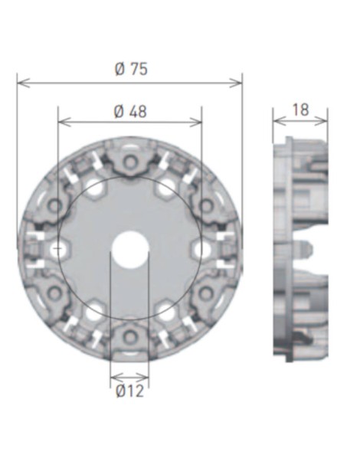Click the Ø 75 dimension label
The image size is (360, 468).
130,69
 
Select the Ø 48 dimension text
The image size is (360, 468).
130,111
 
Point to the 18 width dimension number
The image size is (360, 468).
300,110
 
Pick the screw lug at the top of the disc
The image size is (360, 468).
129,162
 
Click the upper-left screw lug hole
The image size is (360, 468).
54,206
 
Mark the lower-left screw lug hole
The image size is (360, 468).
54,293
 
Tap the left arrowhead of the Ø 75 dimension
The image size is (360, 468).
21,81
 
